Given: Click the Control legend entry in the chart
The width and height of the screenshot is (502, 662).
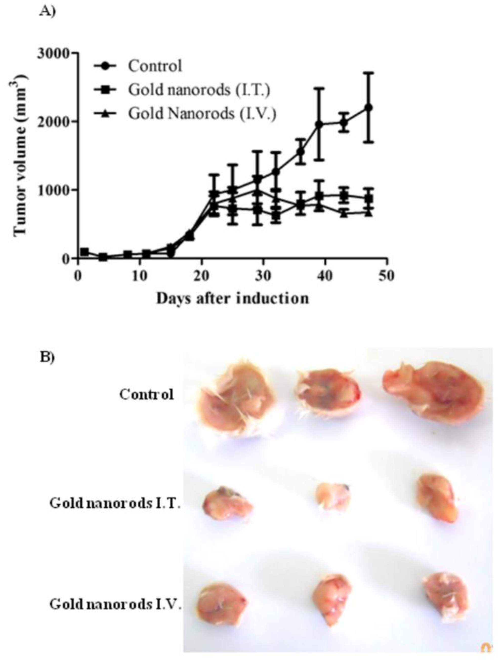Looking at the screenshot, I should (x=155, y=66).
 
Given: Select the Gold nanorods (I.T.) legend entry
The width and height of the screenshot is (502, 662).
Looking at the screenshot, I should (x=199, y=90).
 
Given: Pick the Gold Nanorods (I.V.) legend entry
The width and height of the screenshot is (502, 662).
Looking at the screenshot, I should (x=202, y=113).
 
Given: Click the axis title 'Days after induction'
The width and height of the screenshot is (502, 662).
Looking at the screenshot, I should (x=233, y=299).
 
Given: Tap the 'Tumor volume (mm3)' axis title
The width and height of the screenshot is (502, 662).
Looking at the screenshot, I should (x=20, y=156).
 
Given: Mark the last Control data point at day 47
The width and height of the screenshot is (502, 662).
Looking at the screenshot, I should (x=369, y=108).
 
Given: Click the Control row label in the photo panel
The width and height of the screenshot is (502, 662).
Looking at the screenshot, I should (x=146, y=395).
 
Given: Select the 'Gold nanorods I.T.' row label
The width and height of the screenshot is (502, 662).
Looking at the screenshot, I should (x=115, y=503).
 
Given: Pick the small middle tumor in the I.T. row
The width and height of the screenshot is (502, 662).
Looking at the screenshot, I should (x=333, y=496).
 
